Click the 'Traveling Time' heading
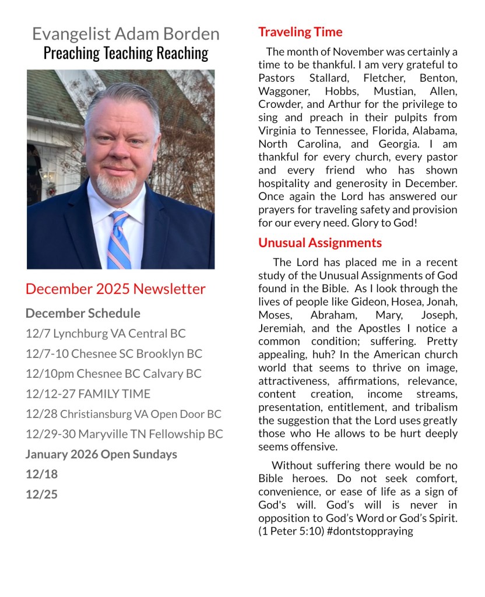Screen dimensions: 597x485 tap(300, 31)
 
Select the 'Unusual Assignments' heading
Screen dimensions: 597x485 tap(320, 243)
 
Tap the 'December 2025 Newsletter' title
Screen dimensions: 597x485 tap(115, 289)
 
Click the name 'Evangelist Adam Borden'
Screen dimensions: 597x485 tap(126, 34)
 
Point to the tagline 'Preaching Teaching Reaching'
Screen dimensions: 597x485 tap(126, 53)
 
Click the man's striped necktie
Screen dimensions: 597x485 tap(119, 239)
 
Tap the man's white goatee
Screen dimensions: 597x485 tap(117, 185)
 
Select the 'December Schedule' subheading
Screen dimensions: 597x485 tap(83, 313)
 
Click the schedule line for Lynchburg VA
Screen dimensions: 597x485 tap(106, 333)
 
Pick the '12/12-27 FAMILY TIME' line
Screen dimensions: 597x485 tap(88, 394)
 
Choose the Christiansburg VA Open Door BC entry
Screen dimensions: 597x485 tap(124, 414)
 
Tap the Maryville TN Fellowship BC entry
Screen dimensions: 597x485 tap(124, 434)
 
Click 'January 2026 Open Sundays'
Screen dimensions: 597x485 tap(101, 454)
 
